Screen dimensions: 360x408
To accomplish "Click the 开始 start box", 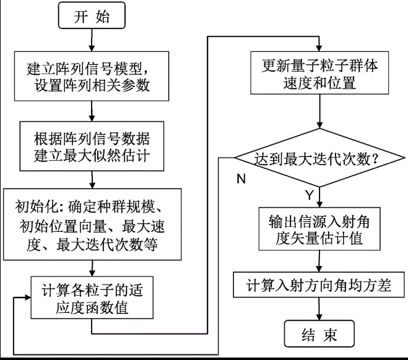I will pos(92,17).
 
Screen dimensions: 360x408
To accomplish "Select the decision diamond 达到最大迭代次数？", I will pos(319,158).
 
